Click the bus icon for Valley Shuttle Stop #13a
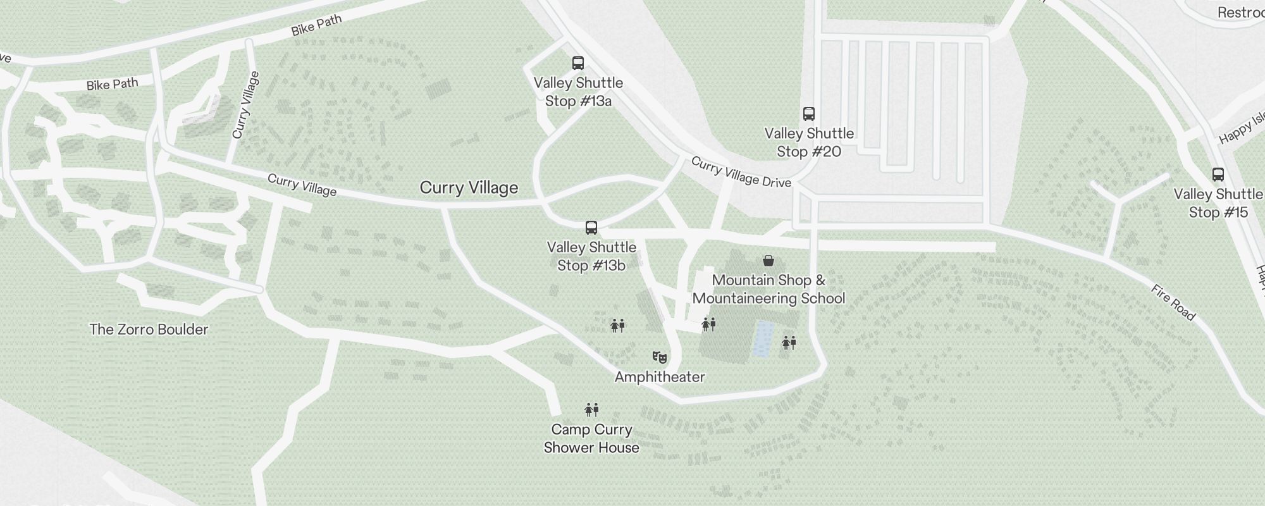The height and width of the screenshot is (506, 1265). click(x=577, y=63)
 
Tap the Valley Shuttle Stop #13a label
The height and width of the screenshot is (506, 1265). click(x=578, y=92)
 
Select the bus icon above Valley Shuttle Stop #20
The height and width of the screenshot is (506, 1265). click(x=808, y=114)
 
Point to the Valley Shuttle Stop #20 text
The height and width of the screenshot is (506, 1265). click(x=809, y=143)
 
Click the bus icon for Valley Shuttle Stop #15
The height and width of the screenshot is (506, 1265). click(x=1218, y=175)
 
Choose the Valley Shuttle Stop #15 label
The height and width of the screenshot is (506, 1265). click(x=1218, y=204)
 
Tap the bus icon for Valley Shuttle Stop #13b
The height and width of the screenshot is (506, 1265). click(x=591, y=228)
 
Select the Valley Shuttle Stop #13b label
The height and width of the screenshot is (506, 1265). click(x=591, y=257)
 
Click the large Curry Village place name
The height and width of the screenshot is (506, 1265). click(x=469, y=188)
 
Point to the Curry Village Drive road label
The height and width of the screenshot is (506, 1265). click(x=741, y=172)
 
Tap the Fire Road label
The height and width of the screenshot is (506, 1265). click(x=1173, y=302)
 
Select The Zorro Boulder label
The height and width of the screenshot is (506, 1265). click(x=149, y=330)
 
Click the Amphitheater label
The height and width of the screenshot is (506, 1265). click(x=660, y=377)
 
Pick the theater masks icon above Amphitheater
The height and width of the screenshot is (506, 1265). click(x=660, y=358)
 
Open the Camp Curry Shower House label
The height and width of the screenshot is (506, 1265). click(x=591, y=438)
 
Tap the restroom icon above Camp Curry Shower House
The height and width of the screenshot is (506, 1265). click(x=591, y=410)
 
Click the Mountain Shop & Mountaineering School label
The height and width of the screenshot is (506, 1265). click(x=768, y=289)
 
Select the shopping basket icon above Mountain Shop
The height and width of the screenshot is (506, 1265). click(x=768, y=261)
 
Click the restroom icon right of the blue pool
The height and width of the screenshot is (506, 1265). click(x=789, y=343)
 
